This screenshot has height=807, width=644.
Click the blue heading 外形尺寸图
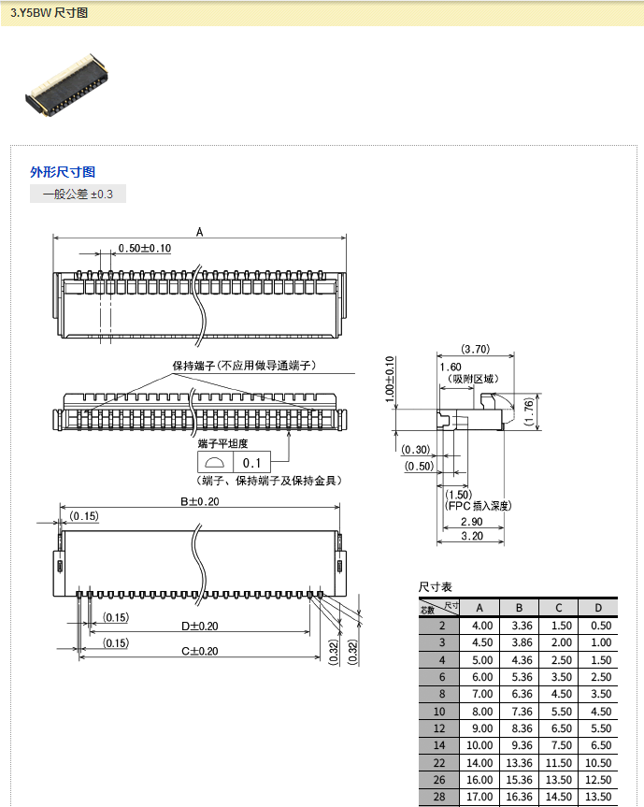63,172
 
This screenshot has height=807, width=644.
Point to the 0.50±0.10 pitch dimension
144,248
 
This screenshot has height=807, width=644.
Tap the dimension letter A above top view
199,231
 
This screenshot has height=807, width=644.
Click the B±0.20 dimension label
199,502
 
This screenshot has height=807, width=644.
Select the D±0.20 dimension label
199,627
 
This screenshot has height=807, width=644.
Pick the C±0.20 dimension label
199,651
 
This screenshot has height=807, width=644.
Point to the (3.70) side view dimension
476,349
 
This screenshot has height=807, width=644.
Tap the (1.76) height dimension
529,409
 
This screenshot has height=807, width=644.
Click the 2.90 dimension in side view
471,521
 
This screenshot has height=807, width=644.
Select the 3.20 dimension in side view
471,536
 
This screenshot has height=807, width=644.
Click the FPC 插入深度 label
479,505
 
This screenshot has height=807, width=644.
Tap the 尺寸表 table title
436,586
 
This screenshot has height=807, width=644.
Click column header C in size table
557,608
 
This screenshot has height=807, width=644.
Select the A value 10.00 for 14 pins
482,745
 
